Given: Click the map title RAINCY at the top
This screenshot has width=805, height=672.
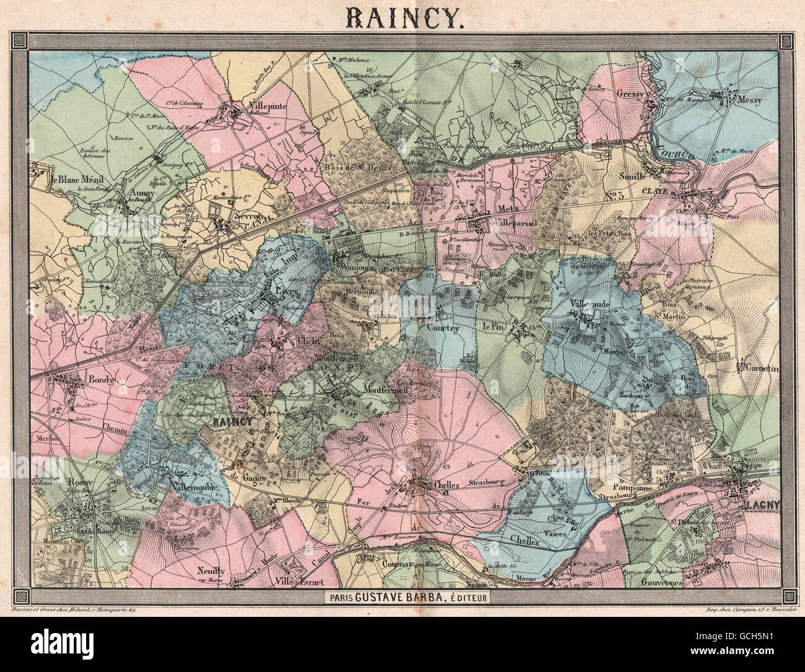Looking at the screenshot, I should coord(402,19).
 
